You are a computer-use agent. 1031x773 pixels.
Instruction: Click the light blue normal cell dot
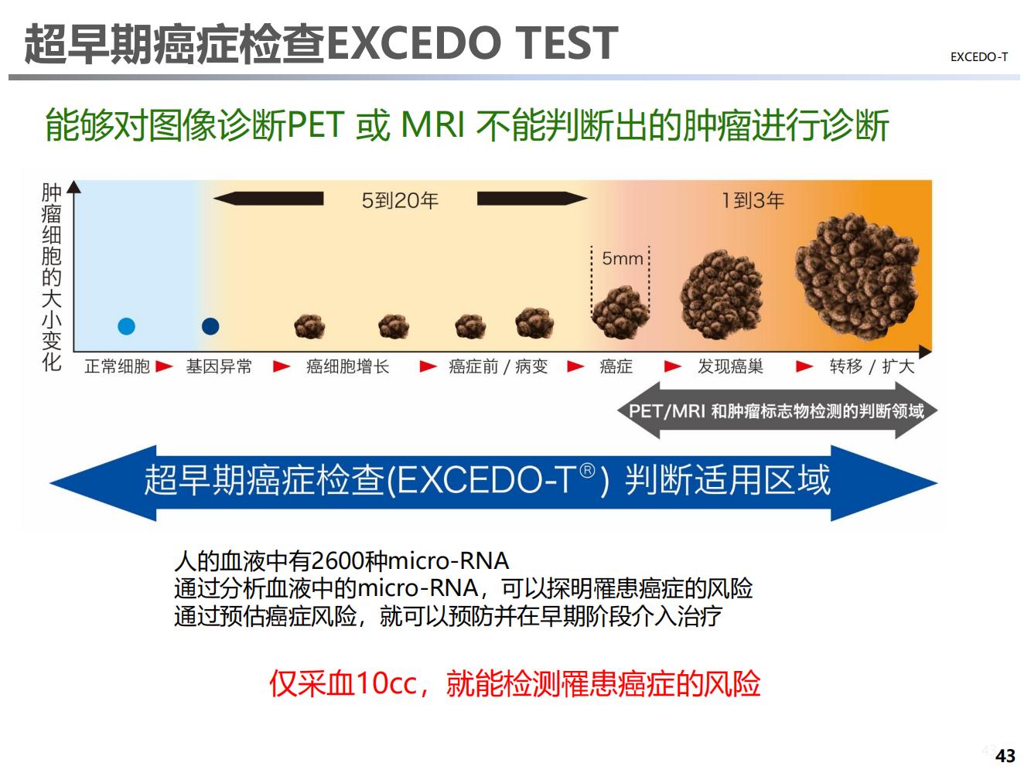click(126, 326)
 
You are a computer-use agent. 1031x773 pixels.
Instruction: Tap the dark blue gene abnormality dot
click(210, 326)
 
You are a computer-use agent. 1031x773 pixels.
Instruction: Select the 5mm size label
click(623, 258)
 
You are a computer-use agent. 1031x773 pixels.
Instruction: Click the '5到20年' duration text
click(400, 200)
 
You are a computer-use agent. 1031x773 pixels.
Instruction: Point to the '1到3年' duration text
click(753, 200)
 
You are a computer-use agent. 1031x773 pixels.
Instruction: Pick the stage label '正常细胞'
click(117, 366)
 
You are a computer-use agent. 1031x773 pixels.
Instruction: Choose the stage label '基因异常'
click(219, 366)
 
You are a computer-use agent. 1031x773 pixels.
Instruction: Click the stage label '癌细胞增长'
click(347, 366)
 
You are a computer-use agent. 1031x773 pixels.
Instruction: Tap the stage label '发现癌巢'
click(730, 366)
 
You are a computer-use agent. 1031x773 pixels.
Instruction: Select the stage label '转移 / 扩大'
click(872, 366)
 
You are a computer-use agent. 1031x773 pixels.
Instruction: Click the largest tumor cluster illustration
click(857, 277)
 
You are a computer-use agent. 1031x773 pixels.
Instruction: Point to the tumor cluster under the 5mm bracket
click(620, 312)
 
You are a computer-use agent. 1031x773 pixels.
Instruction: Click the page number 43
click(1005, 756)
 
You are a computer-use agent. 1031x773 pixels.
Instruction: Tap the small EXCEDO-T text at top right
click(979, 57)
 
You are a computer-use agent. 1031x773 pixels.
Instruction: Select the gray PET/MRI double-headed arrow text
click(777, 411)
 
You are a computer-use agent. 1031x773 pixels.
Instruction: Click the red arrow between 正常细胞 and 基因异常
click(164, 366)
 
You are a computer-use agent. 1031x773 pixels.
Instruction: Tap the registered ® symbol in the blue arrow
click(588, 470)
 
